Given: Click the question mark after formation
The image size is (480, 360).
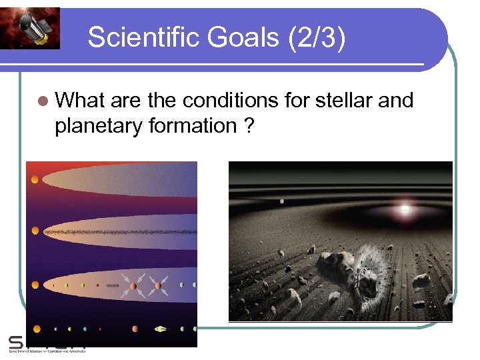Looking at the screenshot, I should point(249,125).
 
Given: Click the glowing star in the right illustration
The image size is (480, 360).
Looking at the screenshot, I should point(404,209).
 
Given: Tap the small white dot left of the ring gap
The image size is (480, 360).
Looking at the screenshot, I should point(282,201).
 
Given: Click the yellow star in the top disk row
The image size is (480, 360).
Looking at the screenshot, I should point(34,179).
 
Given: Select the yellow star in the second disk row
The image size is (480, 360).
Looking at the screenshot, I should point(35,231).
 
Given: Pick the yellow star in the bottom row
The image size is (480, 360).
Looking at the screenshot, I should point(37,329).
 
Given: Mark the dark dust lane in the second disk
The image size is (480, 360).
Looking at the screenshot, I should point(120,232).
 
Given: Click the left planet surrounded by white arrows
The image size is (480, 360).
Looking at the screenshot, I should point(133,286).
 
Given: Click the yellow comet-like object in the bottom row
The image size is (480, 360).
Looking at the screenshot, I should point(161,329).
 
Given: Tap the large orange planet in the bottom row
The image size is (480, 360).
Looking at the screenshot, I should point(135,329).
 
